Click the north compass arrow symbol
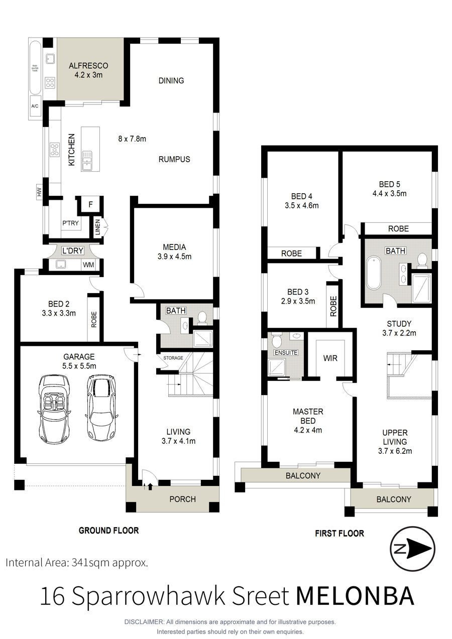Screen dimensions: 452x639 [412, 549]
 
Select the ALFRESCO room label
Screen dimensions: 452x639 [88, 66]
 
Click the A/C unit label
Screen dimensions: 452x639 [35, 106]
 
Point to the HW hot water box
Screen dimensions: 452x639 [39, 192]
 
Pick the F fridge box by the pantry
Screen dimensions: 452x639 [91, 204]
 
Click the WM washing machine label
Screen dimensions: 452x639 [88, 265]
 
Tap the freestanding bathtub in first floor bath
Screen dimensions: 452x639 [374, 273]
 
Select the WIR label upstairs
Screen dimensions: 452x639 [330, 358]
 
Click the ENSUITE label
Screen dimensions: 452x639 [286, 352]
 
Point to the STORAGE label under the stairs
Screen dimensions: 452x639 [173, 358]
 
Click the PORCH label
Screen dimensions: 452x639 [183, 499]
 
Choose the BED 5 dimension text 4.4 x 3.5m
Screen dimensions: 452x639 [390, 193]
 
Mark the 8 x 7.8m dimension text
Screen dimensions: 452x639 [132, 139]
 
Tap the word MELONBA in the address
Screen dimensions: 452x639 [355, 596]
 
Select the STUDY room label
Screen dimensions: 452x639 [399, 323]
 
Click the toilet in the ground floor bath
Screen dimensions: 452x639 [202, 318]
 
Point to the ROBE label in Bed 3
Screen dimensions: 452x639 [333, 306]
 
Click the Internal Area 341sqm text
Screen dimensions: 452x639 [77, 562]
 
